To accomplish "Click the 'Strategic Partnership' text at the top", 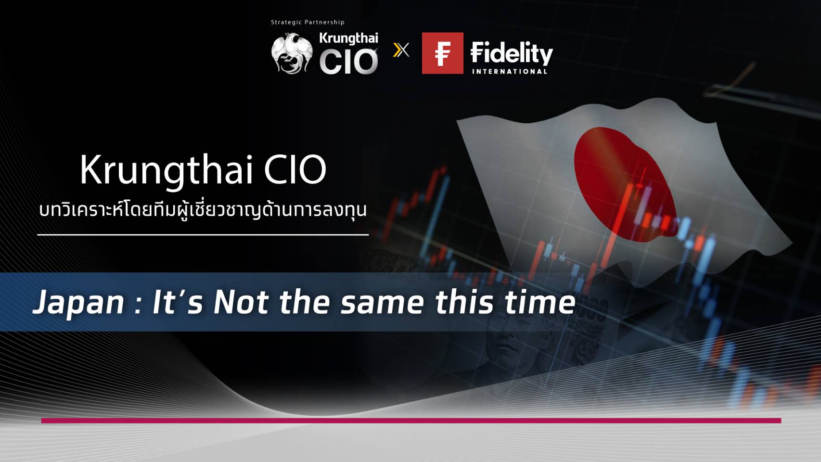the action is [308, 22].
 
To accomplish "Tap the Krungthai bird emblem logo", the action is [292, 53].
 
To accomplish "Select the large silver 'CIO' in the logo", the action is [348, 62].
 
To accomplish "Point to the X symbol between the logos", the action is [401, 50].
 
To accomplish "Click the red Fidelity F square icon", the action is [443, 53].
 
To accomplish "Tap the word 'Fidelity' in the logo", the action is [512, 53].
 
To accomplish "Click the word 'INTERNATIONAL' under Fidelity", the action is [510, 71].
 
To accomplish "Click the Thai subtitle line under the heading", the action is [203, 210].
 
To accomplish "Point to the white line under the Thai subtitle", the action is [203, 235].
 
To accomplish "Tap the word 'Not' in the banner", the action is [241, 302].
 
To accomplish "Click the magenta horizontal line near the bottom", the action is [411, 421].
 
